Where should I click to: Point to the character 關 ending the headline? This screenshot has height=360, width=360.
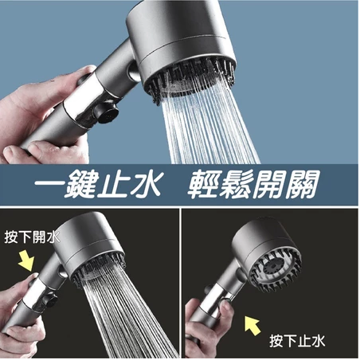point(302,185)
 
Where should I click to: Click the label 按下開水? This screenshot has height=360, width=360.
point(32,237)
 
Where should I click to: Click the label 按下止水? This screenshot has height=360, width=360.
point(297,341)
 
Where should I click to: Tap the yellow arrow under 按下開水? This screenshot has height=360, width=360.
point(26,260)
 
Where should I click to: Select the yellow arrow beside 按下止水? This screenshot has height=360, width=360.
point(252,326)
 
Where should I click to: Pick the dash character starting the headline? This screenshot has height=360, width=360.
point(49,184)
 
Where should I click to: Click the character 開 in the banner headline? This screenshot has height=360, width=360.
point(268,185)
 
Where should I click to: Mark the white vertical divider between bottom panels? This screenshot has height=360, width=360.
point(180,283)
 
